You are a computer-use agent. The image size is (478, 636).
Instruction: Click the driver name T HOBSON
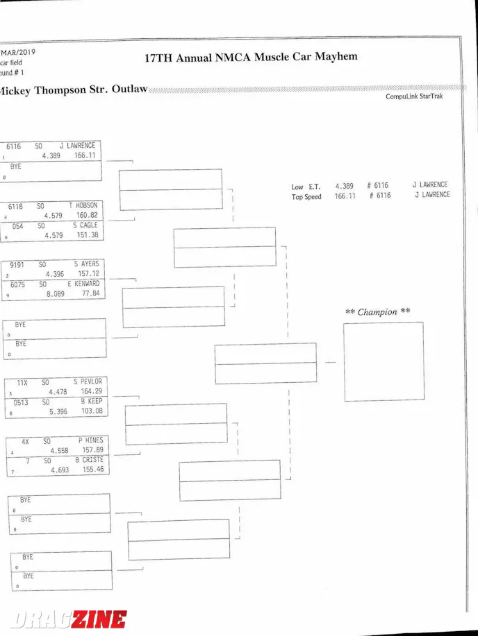click(x=83, y=205)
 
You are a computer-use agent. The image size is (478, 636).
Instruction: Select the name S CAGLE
click(x=85, y=225)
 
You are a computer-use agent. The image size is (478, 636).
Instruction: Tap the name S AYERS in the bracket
click(x=86, y=264)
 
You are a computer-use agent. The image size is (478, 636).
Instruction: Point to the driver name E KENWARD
click(x=83, y=284)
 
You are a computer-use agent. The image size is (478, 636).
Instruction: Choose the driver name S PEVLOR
click(x=88, y=381)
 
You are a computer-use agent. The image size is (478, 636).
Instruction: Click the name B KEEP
click(x=91, y=401)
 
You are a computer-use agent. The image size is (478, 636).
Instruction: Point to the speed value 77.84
click(x=90, y=293)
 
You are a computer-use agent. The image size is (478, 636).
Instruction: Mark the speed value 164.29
click(x=92, y=391)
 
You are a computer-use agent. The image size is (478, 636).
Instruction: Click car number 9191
click(x=18, y=264)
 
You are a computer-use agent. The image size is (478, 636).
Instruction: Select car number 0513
click(x=21, y=401)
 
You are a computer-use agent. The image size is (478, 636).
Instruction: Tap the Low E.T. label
click(x=306, y=187)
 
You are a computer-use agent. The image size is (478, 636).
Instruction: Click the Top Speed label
click(x=306, y=197)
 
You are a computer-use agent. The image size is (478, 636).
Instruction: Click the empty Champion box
click(x=383, y=361)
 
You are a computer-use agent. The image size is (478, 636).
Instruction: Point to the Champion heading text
click(x=377, y=312)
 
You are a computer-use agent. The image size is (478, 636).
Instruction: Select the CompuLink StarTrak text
click(x=413, y=96)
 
